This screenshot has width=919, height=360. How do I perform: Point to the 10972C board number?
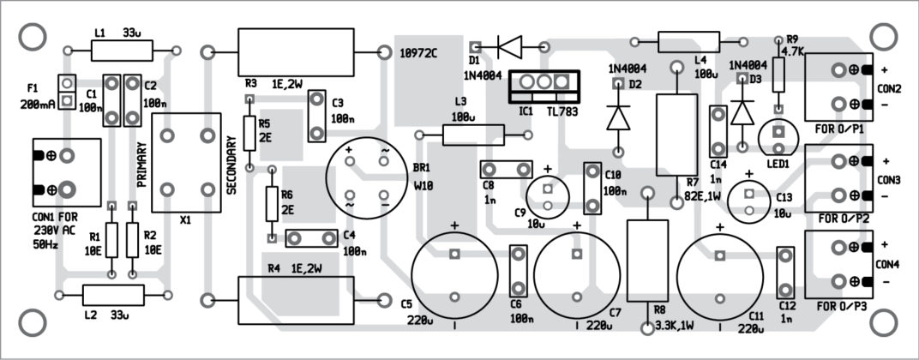pos(419,52)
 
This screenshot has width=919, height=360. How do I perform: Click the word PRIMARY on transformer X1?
pos(142,165)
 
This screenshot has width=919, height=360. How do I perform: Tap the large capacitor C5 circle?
pos(454,274)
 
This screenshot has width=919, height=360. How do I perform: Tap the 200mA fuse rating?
pos(39,103)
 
